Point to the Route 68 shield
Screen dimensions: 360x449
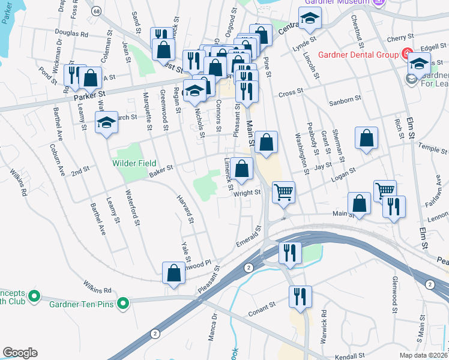click(97, 11)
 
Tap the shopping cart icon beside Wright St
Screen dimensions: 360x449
click(283, 193)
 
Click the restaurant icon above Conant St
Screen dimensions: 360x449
click(300, 296)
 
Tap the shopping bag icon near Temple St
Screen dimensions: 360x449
click(366, 139)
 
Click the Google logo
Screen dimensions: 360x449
click(19, 353)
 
